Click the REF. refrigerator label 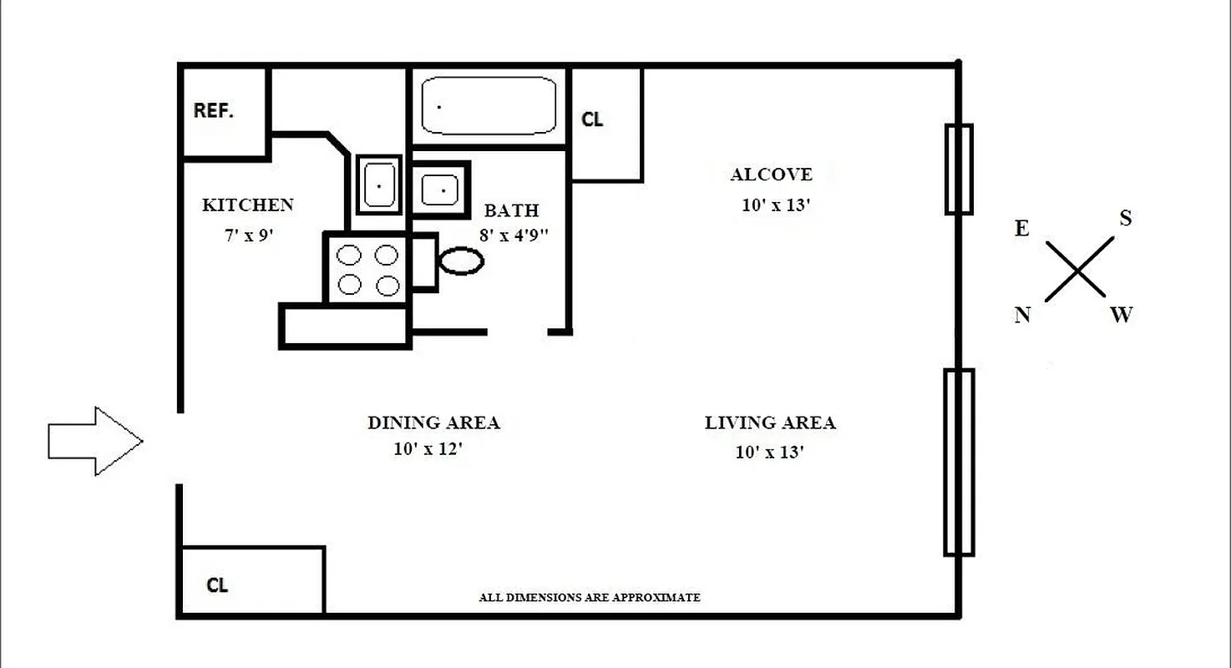213,110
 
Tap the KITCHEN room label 248,205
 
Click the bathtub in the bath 489,105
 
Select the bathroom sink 439,190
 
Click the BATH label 511,210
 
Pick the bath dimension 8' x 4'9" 514,235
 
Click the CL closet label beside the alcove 592,119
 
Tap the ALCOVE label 771,175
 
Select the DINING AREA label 433,423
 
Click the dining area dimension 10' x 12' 428,449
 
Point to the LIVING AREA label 770,423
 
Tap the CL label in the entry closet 217,585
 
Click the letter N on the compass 1022,315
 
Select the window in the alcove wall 959,170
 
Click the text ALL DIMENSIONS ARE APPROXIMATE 589,598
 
